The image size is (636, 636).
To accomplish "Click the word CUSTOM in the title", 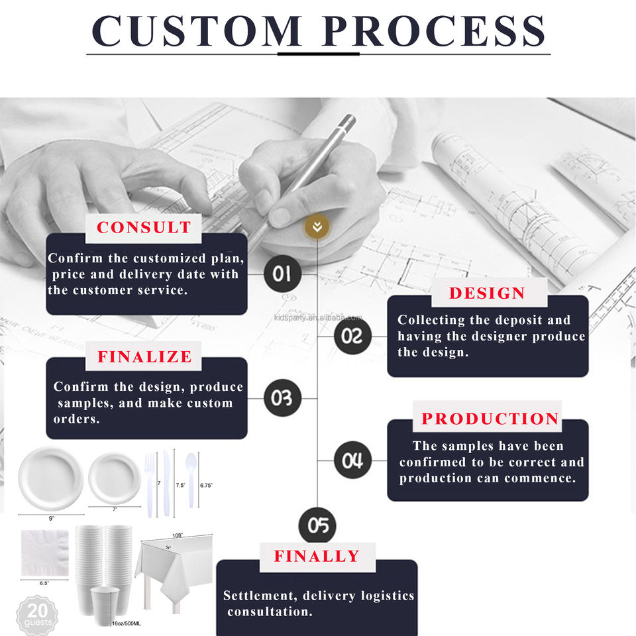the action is (197, 31).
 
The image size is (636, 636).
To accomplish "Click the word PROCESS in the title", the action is (434, 31).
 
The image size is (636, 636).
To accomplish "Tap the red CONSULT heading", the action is (144, 227).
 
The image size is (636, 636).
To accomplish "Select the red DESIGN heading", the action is (487, 293).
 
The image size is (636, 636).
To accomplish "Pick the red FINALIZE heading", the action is (144, 356).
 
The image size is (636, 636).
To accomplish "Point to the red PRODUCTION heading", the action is (490, 419).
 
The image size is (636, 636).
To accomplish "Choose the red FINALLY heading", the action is (317, 556).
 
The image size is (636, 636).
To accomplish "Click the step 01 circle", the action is (282, 274).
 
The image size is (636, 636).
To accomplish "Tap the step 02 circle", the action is (352, 336).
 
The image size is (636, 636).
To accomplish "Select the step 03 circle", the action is (282, 398).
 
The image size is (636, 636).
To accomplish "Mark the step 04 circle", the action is (352, 460).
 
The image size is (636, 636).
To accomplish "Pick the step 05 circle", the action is (317, 525).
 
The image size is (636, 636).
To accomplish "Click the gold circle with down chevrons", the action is (317, 227).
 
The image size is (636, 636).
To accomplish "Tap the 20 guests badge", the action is (37, 615).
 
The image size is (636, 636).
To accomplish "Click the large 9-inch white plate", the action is (51, 479).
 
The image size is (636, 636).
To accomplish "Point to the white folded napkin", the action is (45, 553).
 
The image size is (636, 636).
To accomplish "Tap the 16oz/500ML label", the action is (126, 623).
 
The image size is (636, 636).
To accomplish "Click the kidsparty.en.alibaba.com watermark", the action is (318, 317).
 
